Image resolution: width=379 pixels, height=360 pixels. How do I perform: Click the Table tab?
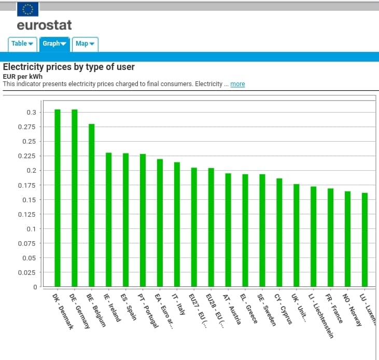[22, 44]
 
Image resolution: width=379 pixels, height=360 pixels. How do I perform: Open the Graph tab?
[54, 44]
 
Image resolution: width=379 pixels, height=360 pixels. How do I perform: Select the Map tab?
[85, 44]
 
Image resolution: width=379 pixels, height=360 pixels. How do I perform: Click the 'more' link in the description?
[237, 84]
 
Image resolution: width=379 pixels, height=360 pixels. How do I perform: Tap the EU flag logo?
[27, 9]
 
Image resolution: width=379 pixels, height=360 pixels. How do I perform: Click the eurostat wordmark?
[44, 25]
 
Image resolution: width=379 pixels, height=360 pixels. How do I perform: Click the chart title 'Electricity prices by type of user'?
[69, 67]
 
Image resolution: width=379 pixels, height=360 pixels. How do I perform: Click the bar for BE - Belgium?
[92, 205]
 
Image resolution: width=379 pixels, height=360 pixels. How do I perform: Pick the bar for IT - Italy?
[177, 225]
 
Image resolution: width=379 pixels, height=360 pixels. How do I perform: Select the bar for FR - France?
[330, 238]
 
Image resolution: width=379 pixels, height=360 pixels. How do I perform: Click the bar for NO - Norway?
[347, 239]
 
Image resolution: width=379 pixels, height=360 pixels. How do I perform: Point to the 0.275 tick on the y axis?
[27, 127]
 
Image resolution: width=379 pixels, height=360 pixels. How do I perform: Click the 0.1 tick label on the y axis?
[31, 229]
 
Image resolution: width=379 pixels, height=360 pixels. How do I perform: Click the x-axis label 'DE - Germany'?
[79, 310]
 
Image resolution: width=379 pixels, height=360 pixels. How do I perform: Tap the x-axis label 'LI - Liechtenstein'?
[320, 315]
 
